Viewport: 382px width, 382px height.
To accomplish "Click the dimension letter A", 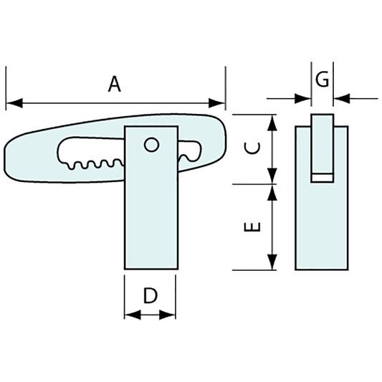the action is pyautogui.click(x=115, y=84).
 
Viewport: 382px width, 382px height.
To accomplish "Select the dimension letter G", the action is pyautogui.click(x=322, y=79).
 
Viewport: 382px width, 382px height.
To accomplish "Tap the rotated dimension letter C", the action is pyautogui.click(x=252, y=148).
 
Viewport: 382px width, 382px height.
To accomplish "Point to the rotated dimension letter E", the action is pyautogui.click(x=252, y=226).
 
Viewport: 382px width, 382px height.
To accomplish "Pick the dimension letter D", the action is pyautogui.click(x=151, y=295).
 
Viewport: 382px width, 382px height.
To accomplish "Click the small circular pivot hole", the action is pyautogui.click(x=151, y=145).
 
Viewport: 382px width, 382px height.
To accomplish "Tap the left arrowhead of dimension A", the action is pyautogui.click(x=14, y=103).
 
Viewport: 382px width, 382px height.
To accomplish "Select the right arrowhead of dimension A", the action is pyautogui.click(x=217, y=103).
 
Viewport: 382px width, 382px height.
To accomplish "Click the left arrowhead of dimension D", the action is pyautogui.click(x=133, y=315).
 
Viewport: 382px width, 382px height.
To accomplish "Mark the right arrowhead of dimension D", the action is pyautogui.click(x=168, y=315).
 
